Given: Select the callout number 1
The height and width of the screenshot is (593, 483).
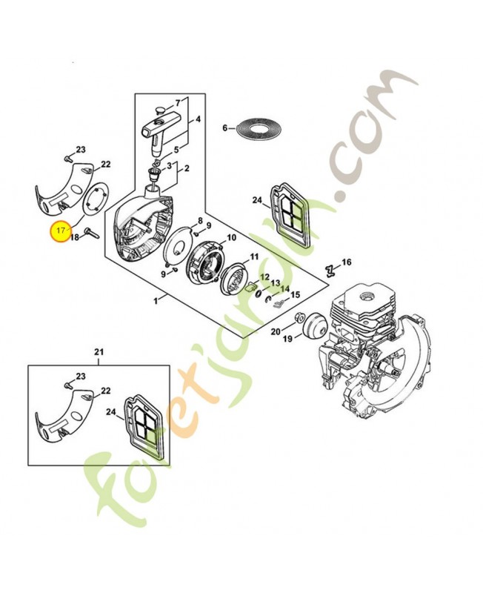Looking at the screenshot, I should coord(156,301).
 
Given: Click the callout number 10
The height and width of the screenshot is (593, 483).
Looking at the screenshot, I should coord(231,238).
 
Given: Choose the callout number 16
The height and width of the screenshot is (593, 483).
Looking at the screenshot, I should coord(347,263).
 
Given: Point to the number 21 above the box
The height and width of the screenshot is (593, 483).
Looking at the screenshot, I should coord(99,351).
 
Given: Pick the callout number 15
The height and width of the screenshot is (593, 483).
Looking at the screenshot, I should coord(295,295).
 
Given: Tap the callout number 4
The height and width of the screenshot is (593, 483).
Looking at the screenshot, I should coord(199,119).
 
